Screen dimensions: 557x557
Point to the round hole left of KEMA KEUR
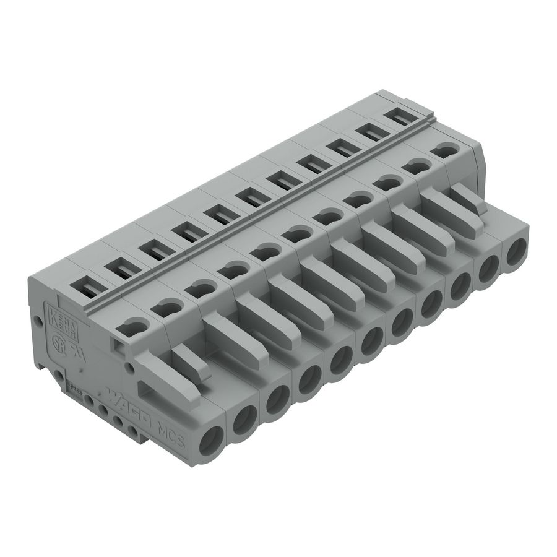tap(38, 322)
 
